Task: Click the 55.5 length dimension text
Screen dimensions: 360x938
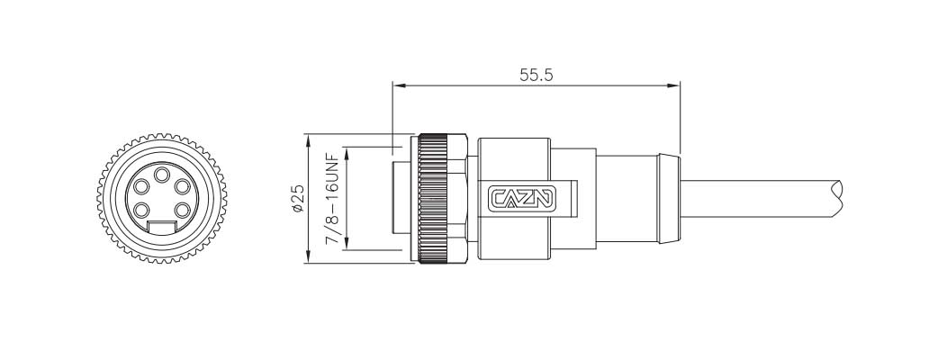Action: coord(536,75)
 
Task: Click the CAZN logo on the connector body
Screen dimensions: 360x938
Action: coord(522,199)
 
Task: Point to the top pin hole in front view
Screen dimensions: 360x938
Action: coord(163,175)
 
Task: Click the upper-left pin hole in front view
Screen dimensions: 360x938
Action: coord(143,187)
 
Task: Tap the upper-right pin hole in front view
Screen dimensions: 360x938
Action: coord(183,187)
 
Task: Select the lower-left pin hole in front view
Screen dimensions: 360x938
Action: coord(143,211)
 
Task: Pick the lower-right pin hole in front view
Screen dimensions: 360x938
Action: coord(183,211)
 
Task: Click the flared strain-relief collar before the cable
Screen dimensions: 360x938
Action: coord(668,199)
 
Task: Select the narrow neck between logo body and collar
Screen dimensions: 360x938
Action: coord(626,199)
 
